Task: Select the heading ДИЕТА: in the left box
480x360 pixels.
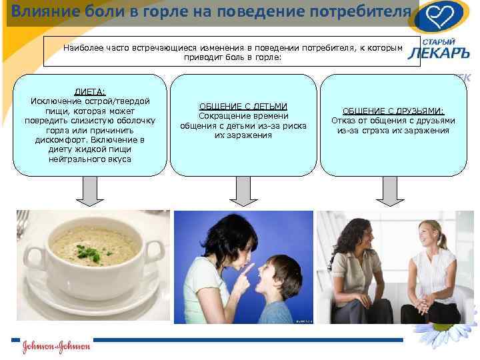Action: [89, 91]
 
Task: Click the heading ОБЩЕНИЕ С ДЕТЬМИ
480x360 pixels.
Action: [243, 106]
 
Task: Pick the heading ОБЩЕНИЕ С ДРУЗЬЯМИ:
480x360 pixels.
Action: [393, 111]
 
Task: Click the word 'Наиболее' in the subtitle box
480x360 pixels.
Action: [83, 48]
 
